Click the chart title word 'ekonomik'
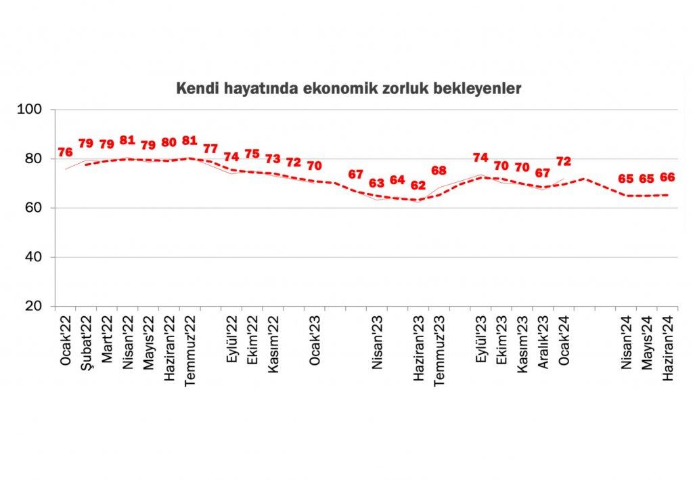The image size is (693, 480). point(338,89)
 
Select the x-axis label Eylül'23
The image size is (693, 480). point(482,340)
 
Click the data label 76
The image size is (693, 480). point(65,152)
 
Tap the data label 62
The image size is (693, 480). point(418,185)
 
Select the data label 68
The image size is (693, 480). point(439,171)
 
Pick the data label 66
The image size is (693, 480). point(668,177)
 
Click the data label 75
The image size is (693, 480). point(252,154)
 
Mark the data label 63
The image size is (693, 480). point(376,183)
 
